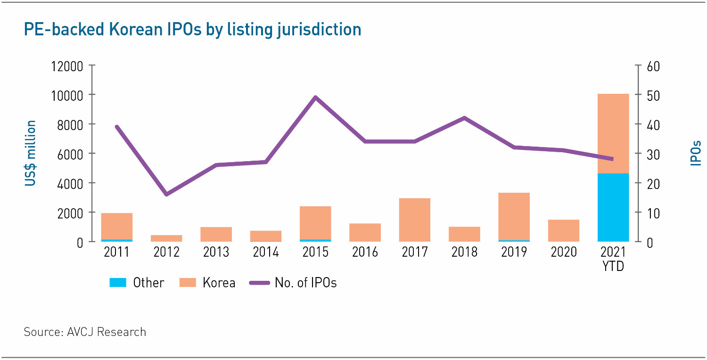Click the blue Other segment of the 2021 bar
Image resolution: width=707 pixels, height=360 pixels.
(x=613, y=207)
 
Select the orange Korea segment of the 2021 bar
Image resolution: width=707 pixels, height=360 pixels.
(x=613, y=134)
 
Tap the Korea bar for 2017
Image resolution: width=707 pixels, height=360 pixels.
(x=415, y=220)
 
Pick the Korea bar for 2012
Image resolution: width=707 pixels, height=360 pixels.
(x=166, y=238)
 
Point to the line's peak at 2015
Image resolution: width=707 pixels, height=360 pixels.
(x=315, y=98)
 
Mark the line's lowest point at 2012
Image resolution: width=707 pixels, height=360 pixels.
(x=166, y=194)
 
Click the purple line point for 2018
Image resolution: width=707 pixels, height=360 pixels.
(x=464, y=118)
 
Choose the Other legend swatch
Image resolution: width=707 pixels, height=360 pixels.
(x=118, y=283)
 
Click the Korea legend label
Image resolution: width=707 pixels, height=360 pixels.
(x=219, y=283)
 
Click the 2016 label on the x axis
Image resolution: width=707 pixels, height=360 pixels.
(x=365, y=252)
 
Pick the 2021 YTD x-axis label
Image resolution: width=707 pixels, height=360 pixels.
(x=613, y=259)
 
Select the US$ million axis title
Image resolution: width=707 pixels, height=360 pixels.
(x=31, y=153)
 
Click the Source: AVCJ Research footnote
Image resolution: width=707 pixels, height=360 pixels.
(x=85, y=332)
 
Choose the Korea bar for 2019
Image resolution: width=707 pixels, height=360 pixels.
(x=514, y=217)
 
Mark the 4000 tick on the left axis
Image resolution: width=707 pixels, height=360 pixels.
(x=71, y=183)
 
